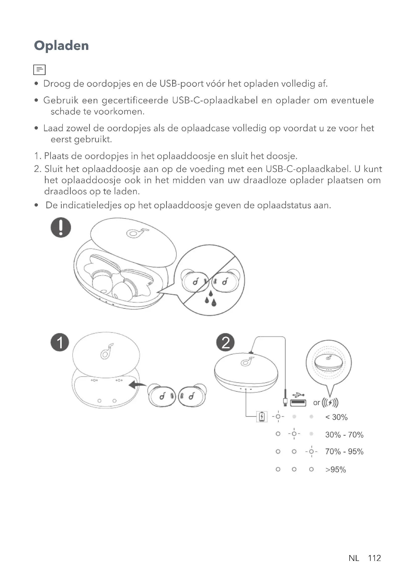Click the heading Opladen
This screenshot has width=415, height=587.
tap(61, 46)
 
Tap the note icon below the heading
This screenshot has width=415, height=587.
tap(39, 70)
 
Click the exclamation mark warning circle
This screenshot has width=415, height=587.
tap(61, 227)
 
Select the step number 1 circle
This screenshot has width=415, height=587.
tap(60, 342)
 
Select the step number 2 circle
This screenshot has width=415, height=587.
tap(225, 342)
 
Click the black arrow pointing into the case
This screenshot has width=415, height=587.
tap(137, 384)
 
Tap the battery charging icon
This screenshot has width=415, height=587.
tap(262, 417)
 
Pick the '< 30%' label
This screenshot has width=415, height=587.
tap(336, 417)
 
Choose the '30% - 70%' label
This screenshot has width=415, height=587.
tap(344, 435)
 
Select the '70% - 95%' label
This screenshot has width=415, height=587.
tap(344, 451)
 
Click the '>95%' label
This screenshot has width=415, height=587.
tap(335, 470)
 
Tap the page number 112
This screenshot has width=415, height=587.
tap(374, 558)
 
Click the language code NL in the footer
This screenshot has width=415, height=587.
tap(354, 558)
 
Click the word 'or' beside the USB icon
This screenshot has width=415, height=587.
tap(316, 403)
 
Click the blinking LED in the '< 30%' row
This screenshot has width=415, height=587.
tap(278, 417)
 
